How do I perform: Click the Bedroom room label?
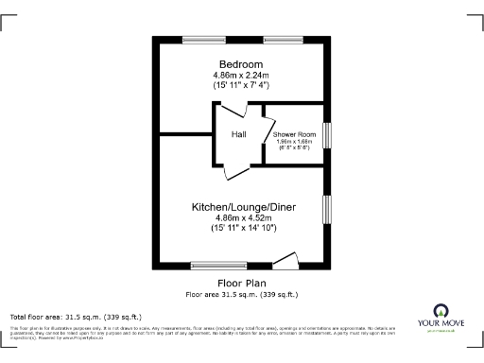click(241, 63)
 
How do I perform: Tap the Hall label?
click(239, 134)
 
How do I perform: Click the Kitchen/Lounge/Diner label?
click(241, 206)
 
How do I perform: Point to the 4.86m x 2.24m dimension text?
click(241, 75)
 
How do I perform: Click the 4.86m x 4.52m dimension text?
click(241, 217)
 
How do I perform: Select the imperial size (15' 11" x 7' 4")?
click(241, 86)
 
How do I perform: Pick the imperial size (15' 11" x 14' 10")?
click(241, 229)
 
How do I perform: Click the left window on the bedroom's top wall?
click(202, 39)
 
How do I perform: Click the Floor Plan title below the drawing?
click(241, 284)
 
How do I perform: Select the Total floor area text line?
click(76, 317)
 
